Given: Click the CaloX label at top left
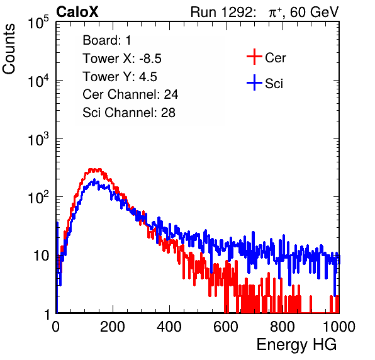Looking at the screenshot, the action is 77,12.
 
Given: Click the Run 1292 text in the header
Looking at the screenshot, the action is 221,12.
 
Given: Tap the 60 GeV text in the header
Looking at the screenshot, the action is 314,12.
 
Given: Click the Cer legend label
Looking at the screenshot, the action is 275,58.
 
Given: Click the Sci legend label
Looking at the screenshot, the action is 274,84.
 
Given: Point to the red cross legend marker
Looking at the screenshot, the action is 254,57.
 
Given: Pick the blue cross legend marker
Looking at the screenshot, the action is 254,82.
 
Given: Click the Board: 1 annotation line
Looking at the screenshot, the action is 107,40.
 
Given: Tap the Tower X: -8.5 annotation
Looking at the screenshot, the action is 122,59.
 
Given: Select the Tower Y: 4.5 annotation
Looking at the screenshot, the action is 120,77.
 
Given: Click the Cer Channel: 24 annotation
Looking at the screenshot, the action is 130,94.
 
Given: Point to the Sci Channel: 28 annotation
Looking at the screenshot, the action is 129,113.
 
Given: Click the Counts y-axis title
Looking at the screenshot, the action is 9,49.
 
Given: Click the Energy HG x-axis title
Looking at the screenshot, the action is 296,345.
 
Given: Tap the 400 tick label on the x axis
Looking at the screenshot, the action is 169,327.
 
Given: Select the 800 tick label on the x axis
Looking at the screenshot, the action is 283,327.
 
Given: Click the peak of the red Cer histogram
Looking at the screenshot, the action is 95,169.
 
